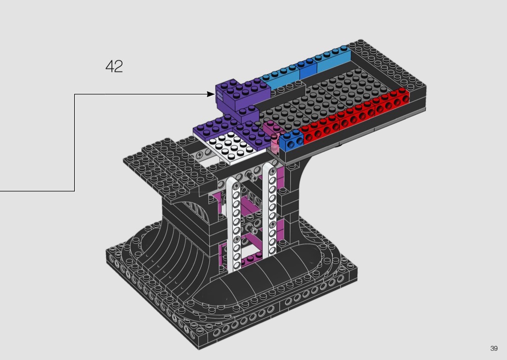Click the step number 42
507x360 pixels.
pos(114,66)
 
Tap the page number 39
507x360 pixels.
pos(494,348)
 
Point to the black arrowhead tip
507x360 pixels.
pos(215,95)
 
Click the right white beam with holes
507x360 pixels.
pos(270,210)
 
